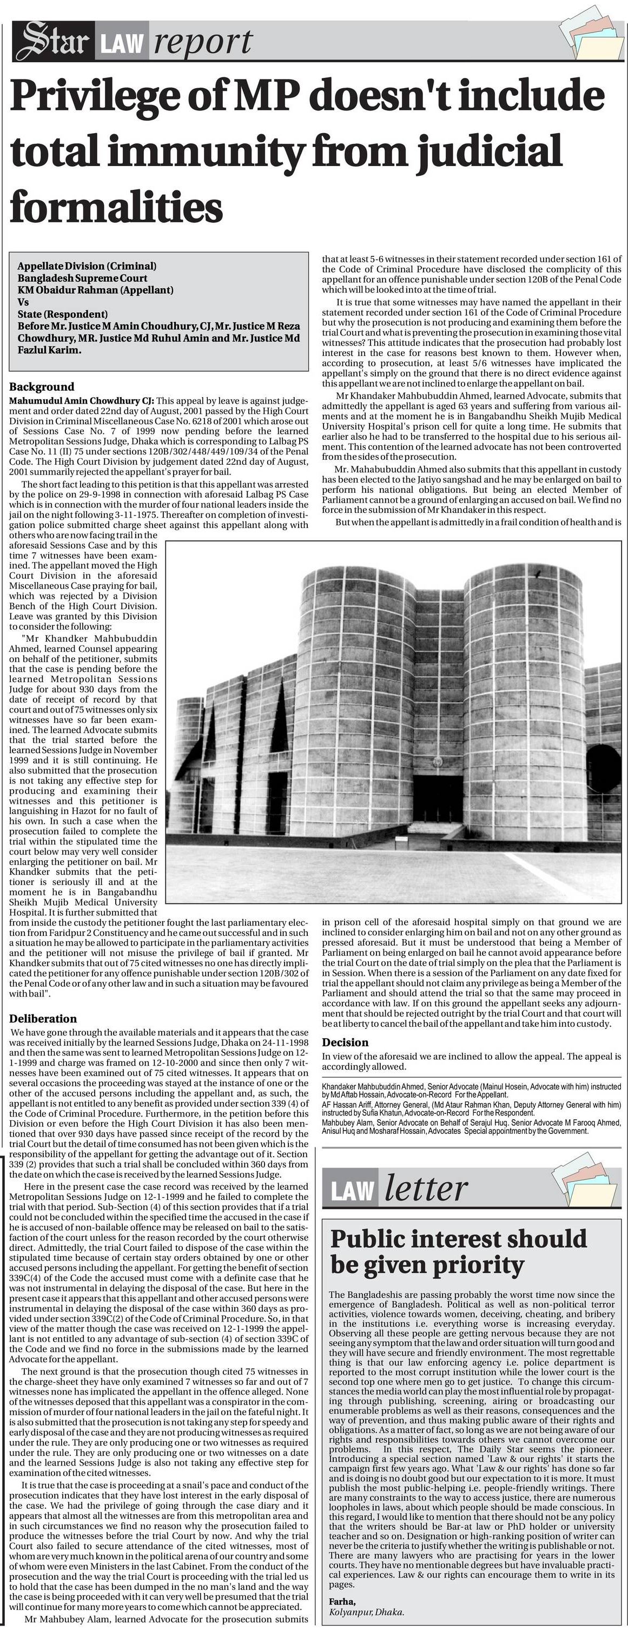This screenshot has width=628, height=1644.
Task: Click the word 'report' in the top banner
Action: pos(203,42)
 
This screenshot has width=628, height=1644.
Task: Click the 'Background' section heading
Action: pos(42,387)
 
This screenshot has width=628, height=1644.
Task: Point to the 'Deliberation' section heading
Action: pos(43,1019)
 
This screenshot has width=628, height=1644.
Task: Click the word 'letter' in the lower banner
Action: pos(426,1189)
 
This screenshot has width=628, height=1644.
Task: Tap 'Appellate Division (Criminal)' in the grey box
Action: pos(87,266)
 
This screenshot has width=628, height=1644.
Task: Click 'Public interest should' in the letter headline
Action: pos(458,1238)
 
